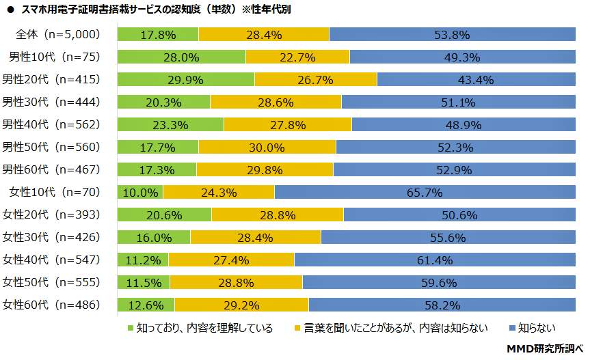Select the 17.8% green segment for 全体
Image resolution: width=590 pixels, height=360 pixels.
pos(158,35)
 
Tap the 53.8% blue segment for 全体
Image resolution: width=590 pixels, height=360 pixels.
pos(452,35)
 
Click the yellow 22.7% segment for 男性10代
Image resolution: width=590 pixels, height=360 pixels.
pos(297,57)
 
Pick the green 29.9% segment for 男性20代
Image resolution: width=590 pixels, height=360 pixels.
pos(186,80)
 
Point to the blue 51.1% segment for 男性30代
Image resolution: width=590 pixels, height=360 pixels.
pos(458,102)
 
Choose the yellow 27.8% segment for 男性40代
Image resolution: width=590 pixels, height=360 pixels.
pos(288,125)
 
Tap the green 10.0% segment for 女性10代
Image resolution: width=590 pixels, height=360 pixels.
pos(140,193)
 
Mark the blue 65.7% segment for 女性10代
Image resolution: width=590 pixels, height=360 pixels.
pos(425,193)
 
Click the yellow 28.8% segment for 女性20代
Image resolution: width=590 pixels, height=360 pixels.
pos(278,215)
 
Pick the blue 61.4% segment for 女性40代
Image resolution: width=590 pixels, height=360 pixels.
pos(435,260)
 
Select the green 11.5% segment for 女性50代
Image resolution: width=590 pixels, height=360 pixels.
pos(144,282)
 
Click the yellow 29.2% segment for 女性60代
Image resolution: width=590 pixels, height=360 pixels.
pos(241,305)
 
